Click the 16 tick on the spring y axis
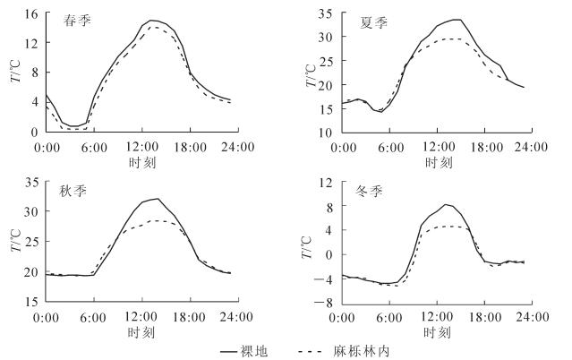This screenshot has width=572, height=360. (x=31, y=14)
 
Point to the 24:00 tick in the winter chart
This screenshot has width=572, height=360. (x=535, y=316)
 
